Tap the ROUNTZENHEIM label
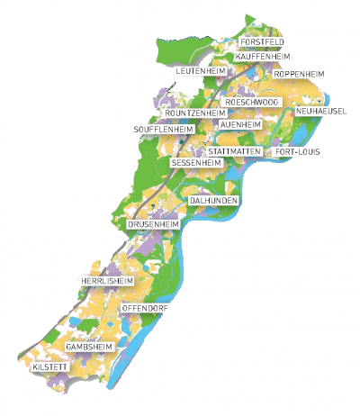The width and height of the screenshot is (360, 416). coord(188,113)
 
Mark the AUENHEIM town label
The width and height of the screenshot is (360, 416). coord(240,124)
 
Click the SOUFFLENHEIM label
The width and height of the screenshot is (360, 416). coord(164,131)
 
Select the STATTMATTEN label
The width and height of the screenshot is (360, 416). coord(234,152)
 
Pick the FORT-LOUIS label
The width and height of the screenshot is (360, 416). coord(298,152)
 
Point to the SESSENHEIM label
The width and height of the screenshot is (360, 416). coord(195,164)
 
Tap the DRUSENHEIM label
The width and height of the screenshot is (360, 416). coord(154,223)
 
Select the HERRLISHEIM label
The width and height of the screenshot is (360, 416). coord(107,281)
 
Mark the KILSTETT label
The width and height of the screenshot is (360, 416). coord(50,368)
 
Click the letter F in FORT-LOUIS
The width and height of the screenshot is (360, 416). coord(279,152)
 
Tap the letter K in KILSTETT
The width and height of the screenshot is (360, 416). coord(34,368)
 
